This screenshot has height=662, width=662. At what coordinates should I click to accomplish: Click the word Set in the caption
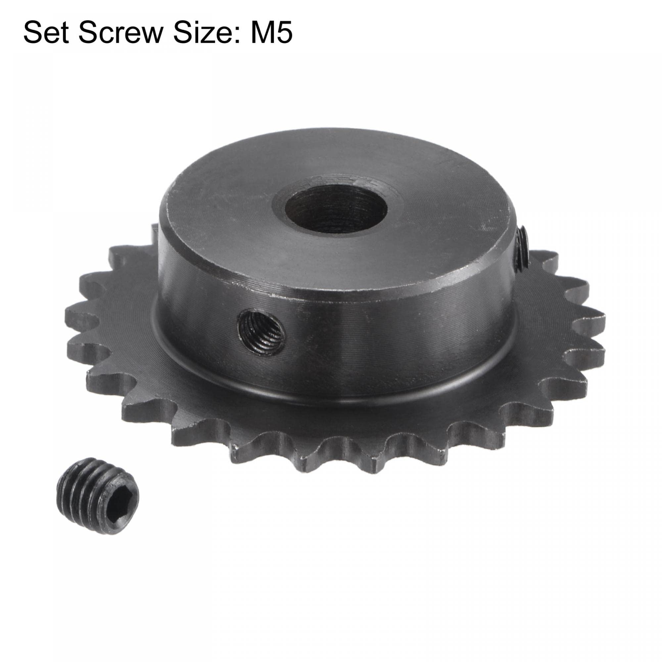click(47, 33)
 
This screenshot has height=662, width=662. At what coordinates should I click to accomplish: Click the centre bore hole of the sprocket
click(335, 209)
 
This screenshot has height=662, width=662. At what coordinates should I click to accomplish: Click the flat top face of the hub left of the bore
click(223, 219)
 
